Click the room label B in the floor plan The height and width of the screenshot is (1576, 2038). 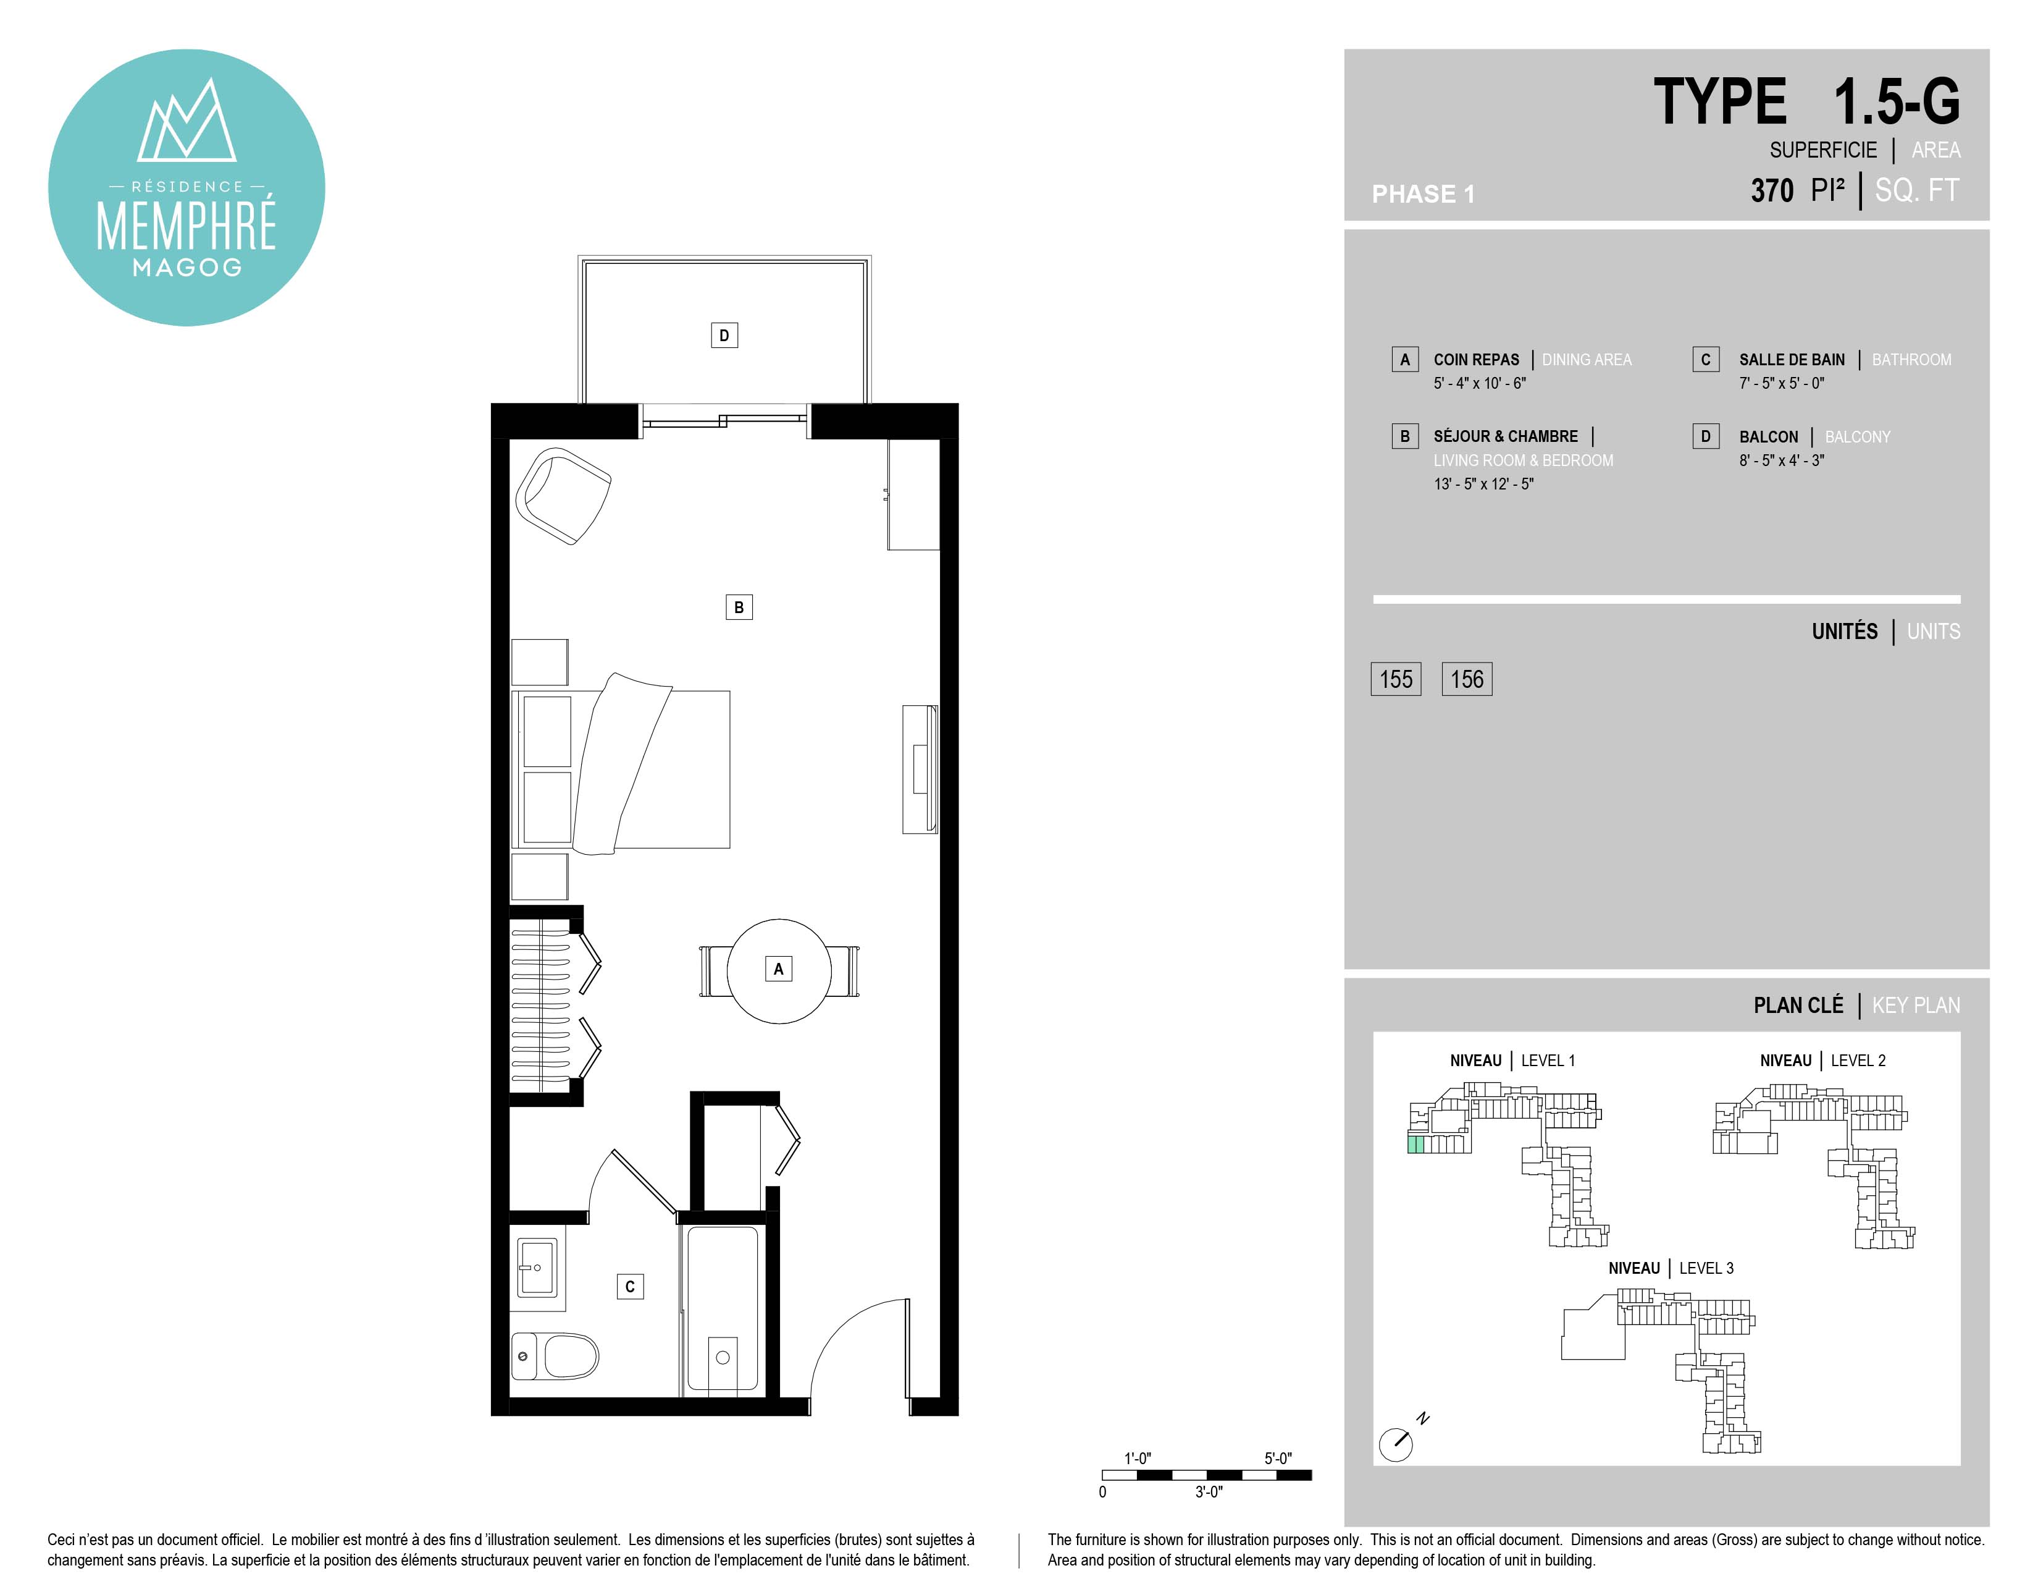[x=739, y=608]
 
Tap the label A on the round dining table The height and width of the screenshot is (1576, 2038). [x=778, y=969]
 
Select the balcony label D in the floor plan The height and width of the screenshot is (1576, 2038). [x=724, y=335]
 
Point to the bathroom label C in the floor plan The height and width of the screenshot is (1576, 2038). [x=630, y=1287]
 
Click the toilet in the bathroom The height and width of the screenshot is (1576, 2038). [x=555, y=1355]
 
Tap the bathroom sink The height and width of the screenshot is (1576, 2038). [x=537, y=1267]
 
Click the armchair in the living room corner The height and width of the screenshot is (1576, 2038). [x=563, y=496]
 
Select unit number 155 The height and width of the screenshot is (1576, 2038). [x=1396, y=679]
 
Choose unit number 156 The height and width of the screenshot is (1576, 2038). [x=1467, y=679]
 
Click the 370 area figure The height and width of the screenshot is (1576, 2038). [x=1772, y=190]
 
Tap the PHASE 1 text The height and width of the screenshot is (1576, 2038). [x=1423, y=194]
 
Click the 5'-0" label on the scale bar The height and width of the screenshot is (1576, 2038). [x=1278, y=1459]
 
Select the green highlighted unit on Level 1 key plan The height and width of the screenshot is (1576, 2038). [x=1415, y=1144]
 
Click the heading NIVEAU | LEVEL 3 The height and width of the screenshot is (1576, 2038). [x=1671, y=1268]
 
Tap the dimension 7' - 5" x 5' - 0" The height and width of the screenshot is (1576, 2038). [x=1781, y=383]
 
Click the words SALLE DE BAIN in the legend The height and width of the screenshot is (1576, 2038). [x=1792, y=360]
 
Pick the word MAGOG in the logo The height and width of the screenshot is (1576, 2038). [x=187, y=268]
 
